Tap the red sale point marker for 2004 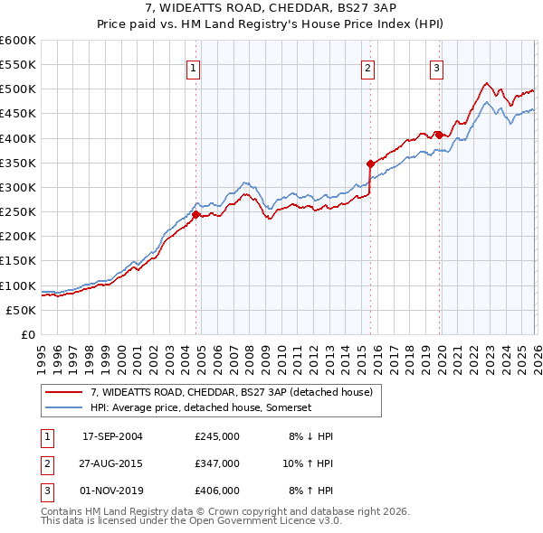point(195,214)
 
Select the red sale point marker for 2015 point(370,164)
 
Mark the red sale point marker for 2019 point(438,135)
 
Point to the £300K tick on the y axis point(18,187)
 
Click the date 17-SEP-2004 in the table point(112,436)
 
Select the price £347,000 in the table point(217,463)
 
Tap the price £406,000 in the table point(217,491)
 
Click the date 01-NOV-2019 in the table point(112,491)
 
